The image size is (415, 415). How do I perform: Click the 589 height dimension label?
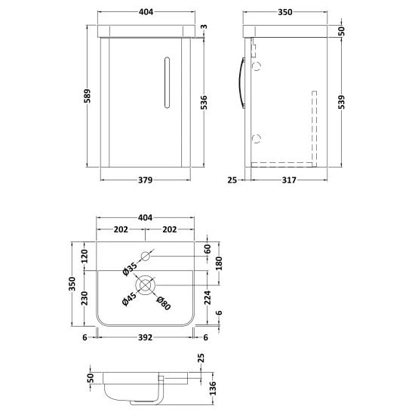tap(88, 96)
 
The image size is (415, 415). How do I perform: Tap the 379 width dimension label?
tap(146, 180)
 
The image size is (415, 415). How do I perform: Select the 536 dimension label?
tap(204, 103)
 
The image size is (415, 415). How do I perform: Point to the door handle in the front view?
tap(167, 82)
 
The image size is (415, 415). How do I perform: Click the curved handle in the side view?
tap(242, 83)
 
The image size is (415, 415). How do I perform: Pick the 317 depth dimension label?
tap(289, 180)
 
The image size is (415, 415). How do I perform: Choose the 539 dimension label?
tap(342, 102)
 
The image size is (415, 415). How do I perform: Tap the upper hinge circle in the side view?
tap(257, 66)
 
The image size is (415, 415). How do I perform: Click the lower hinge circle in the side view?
tap(257, 138)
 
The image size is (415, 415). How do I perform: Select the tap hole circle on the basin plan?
tap(146, 257)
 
